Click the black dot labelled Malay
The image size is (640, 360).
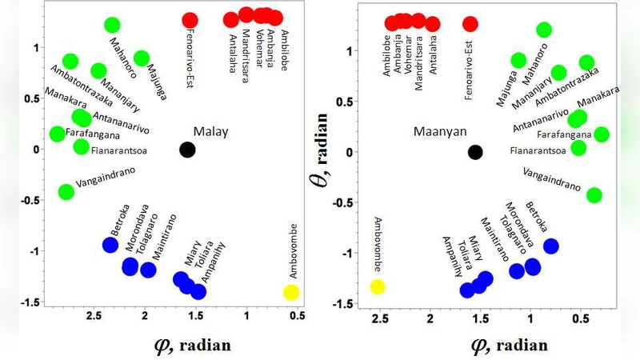pos(187,149)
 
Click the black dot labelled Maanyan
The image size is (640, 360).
pos(475,152)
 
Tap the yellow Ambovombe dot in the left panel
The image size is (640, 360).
pos(291,292)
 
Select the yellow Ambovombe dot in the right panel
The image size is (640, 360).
pos(377,286)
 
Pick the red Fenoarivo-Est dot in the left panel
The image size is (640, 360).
pos(190,20)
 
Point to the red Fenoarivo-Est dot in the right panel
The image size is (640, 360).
pos(470,24)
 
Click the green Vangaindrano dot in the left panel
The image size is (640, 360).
pos(66,192)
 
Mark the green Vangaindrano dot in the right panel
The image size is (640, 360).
pos(594,195)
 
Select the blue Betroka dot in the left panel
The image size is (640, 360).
pos(110,245)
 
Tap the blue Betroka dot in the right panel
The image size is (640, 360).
pos(550,246)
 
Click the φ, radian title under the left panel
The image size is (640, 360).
pos(192,345)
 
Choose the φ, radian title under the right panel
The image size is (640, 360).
pos(508,345)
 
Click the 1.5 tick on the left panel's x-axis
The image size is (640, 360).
pos(195,315)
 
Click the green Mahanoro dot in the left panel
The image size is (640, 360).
pos(112,26)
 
